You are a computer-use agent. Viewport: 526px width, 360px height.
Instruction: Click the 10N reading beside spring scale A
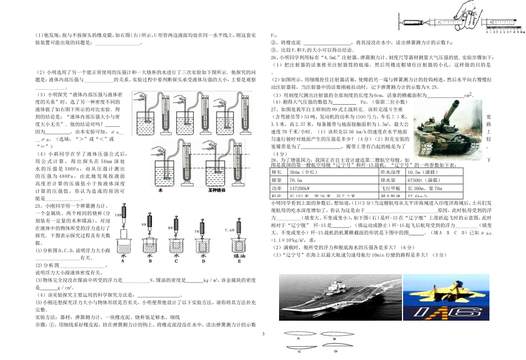118,214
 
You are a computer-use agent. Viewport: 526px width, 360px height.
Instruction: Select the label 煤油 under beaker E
240,257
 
